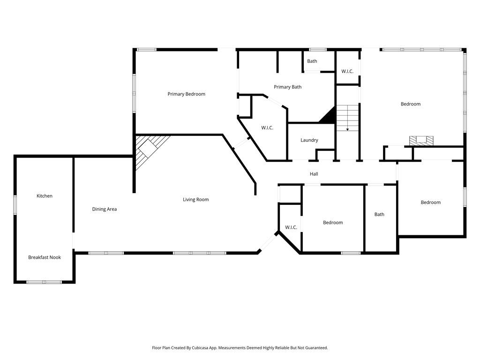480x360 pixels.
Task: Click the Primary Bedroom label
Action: click(186, 94)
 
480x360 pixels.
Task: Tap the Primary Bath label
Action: click(287, 87)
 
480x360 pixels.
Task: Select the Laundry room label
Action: click(309, 140)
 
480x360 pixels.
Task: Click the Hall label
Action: click(314, 174)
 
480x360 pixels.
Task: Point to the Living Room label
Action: click(195, 200)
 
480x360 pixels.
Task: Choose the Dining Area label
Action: click(104, 210)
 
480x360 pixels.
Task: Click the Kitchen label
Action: click(45, 196)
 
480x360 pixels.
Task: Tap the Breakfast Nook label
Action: click(45, 257)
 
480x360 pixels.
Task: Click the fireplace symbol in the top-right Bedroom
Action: click(421, 140)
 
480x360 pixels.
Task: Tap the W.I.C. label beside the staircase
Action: click(347, 71)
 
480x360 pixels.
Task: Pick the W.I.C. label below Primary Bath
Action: click(267, 128)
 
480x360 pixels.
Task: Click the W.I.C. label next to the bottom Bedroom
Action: click(291, 227)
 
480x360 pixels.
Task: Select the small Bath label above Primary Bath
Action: click(312, 61)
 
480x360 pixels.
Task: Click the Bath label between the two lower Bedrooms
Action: click(379, 215)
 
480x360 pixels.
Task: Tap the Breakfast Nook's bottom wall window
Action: click(44, 282)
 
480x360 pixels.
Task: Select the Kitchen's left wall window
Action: click(15, 205)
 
